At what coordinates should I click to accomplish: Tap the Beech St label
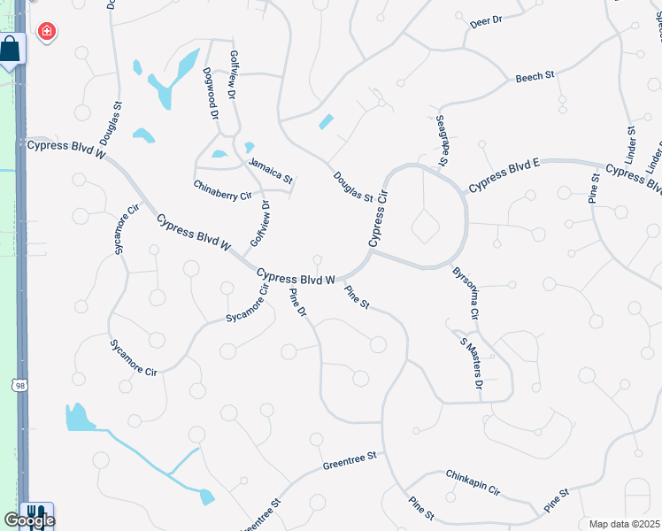point(535,77)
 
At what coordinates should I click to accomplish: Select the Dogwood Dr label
point(210,93)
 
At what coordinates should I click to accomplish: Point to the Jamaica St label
point(269,169)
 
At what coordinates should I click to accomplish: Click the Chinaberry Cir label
point(223,189)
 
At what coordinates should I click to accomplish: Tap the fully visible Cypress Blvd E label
point(504,175)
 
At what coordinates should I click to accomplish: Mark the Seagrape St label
point(442,140)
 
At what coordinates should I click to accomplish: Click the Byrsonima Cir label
point(466,294)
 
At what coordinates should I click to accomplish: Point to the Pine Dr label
point(298,305)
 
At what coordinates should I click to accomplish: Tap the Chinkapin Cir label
point(473,482)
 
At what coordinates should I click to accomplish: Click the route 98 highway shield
point(19,385)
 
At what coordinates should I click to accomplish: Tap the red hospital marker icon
point(45,33)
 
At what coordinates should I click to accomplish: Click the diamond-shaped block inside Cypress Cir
point(426,227)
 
